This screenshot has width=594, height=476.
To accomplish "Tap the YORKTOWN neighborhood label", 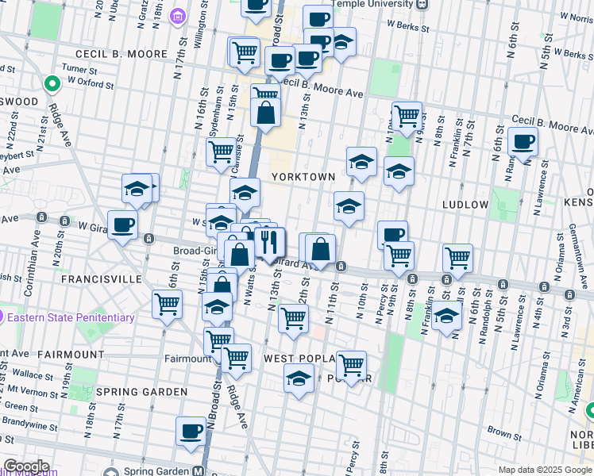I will tap(303, 176).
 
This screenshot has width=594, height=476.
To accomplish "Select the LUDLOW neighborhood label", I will tap(465, 204).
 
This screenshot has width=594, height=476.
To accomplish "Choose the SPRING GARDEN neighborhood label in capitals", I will tap(141, 392).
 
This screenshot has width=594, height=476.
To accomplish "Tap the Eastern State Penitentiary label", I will tap(71, 317).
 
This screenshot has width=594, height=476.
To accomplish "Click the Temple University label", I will tap(378, 4).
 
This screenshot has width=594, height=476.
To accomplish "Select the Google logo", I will tap(25, 466).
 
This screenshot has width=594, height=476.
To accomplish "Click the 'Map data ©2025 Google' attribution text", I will tap(545, 470).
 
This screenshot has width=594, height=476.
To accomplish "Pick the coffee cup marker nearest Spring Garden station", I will tap(191, 431).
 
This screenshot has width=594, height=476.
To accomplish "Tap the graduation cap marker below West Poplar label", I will tap(299, 380).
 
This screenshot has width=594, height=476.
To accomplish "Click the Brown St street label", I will tap(504, 432).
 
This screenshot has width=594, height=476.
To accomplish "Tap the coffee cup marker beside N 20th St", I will tap(121, 226).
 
